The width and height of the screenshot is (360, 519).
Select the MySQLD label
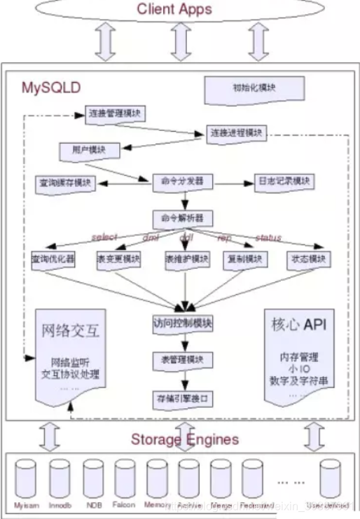[x=50, y=88]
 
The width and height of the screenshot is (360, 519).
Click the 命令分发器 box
[x=181, y=181]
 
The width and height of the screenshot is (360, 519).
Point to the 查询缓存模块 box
[x=64, y=183]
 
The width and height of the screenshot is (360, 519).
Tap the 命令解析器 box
[x=181, y=218]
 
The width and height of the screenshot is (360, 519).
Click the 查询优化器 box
[x=53, y=259]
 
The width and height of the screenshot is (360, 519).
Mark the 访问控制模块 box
[x=182, y=324]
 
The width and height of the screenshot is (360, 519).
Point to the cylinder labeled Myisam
[x=26, y=478]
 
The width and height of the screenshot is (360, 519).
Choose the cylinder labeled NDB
[x=92, y=478]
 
